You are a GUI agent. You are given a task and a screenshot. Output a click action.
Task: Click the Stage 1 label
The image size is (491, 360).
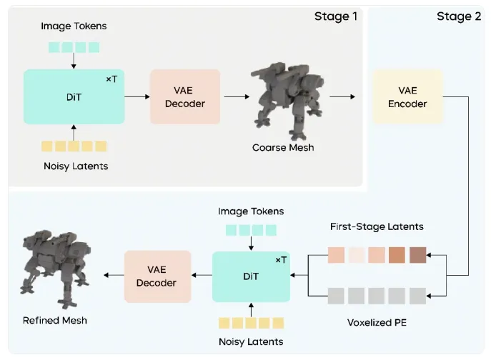click(335, 16)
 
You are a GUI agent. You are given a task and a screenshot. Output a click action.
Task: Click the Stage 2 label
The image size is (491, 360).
click(459, 16)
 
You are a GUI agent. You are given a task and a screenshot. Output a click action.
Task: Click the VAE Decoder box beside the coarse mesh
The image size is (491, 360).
click(185, 97)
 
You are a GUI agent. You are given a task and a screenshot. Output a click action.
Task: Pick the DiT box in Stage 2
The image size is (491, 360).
click(251, 276)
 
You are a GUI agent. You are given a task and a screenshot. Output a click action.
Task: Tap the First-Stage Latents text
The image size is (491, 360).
click(377, 226)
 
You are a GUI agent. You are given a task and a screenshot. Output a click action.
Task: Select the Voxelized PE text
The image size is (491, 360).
click(377, 321)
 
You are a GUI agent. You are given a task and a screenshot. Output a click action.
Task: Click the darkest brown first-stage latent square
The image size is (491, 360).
click(418, 255)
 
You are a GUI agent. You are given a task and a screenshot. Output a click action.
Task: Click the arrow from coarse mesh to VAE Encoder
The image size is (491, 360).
click(341, 97)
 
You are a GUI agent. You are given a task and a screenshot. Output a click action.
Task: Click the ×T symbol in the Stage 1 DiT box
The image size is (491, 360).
click(110, 79)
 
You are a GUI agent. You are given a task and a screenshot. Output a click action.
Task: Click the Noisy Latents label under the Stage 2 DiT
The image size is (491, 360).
click(251, 341)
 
